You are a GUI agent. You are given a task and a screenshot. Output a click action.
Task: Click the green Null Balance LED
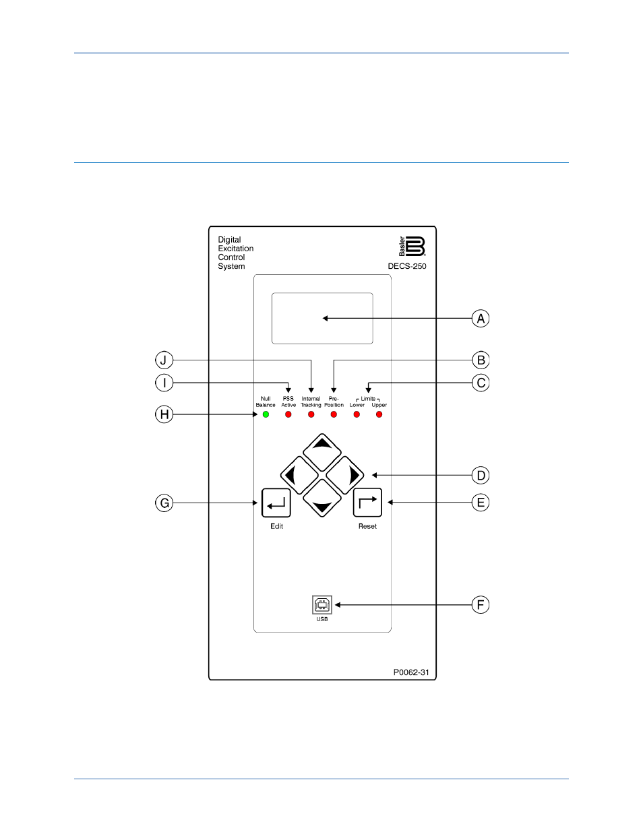pyautogui.click(x=266, y=414)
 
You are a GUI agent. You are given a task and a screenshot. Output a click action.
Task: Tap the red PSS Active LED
pyautogui.click(x=288, y=414)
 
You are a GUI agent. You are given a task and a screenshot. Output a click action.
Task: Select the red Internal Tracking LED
pyautogui.click(x=311, y=414)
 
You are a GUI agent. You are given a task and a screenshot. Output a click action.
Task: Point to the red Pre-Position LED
pyautogui.click(x=334, y=414)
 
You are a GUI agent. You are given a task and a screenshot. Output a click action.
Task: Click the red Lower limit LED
pyautogui.click(x=357, y=414)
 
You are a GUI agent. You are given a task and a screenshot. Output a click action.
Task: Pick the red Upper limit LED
pyautogui.click(x=379, y=414)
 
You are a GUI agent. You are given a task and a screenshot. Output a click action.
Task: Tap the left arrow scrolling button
pyautogui.click(x=299, y=475)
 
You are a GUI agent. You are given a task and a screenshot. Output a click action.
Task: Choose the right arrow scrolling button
pyautogui.click(x=344, y=475)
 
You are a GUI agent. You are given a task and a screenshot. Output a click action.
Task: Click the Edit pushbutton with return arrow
pyautogui.click(x=276, y=503)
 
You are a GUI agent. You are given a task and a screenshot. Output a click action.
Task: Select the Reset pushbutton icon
pyautogui.click(x=367, y=503)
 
